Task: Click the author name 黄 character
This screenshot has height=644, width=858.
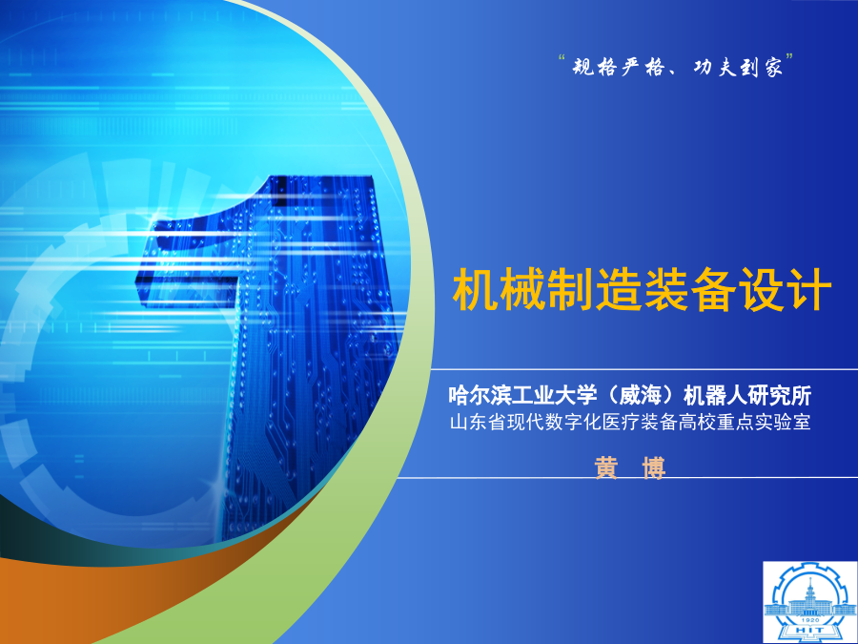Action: click(x=606, y=468)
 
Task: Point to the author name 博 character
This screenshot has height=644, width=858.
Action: click(x=654, y=468)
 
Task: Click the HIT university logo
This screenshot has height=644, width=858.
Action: click(x=810, y=602)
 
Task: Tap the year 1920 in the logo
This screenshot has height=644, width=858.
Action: click(x=810, y=620)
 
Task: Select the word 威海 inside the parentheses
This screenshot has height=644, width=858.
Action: click(x=643, y=395)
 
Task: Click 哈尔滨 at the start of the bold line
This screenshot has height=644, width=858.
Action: click(x=478, y=395)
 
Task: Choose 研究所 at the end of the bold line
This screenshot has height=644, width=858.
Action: click(x=783, y=395)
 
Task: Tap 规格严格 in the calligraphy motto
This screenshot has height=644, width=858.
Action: click(x=619, y=68)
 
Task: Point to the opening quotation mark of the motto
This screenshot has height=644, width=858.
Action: click(x=562, y=57)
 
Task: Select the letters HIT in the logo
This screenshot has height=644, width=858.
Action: click(x=810, y=631)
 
